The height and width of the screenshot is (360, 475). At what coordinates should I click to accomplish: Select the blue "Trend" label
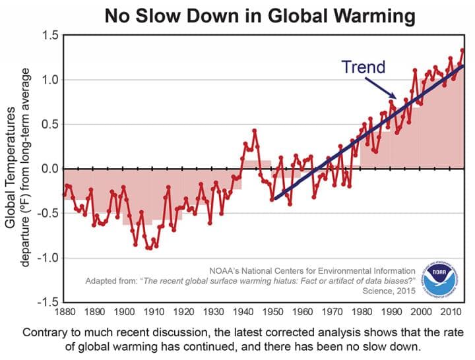363,67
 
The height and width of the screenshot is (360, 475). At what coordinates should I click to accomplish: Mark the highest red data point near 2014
462,50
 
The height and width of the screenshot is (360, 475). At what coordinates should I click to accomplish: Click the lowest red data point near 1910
148,248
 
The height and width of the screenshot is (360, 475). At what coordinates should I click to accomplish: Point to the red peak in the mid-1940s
254,131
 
